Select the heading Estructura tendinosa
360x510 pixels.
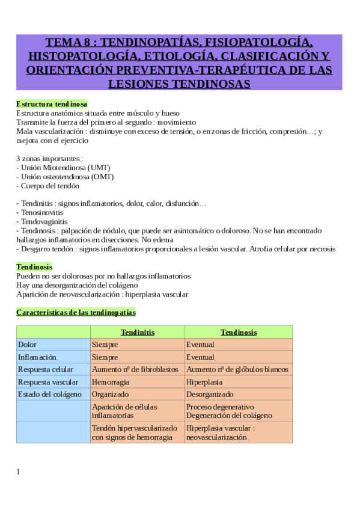click(52, 104)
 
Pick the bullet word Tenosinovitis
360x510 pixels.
click(41, 213)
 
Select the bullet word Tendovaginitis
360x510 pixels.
click(44, 222)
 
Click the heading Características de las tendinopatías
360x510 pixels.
click(76, 313)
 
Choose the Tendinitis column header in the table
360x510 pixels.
click(138, 332)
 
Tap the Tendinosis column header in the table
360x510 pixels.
click(239, 332)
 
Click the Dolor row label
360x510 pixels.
click(28, 345)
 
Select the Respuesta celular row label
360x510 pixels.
click(46, 369)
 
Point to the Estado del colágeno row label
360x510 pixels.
click(50, 394)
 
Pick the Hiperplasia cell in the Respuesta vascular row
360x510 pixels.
click(204, 382)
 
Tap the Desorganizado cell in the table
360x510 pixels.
click(210, 394)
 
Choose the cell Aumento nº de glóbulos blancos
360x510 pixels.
click(237, 369)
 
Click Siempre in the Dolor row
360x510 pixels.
click(105, 345)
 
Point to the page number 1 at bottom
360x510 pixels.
click(18, 472)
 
